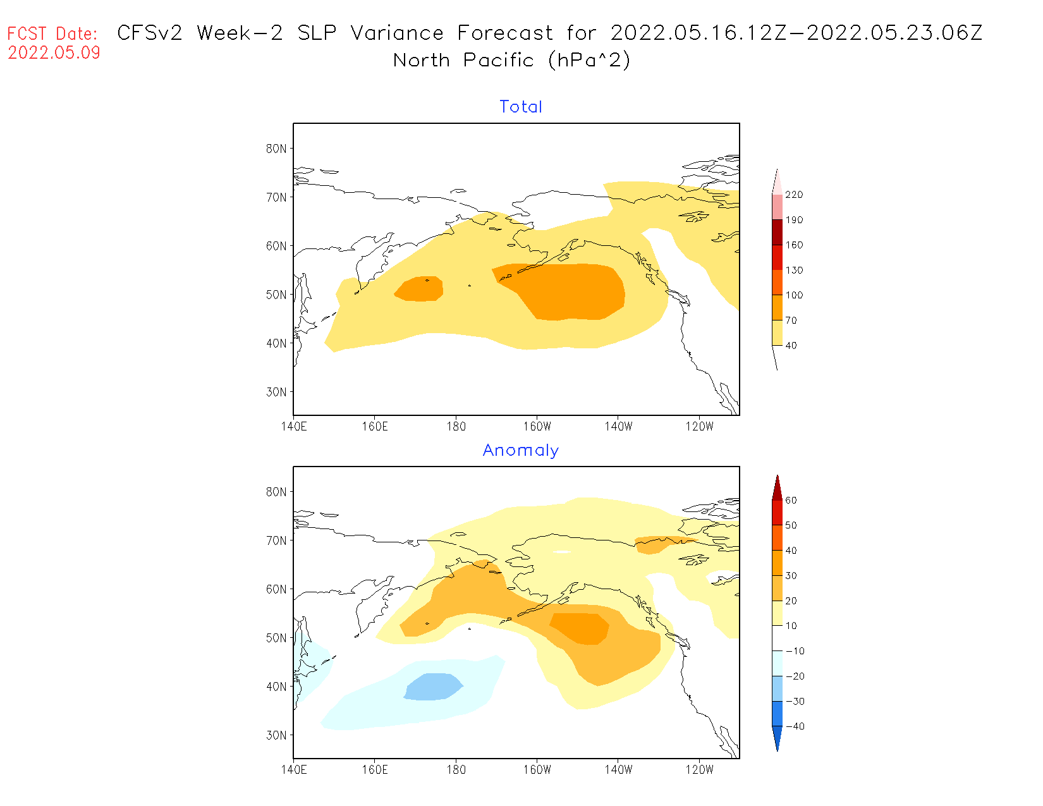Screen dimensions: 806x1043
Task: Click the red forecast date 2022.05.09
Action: tap(54, 52)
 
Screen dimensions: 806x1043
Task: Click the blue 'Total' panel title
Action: tap(521, 107)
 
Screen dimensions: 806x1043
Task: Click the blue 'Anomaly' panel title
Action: tap(521, 450)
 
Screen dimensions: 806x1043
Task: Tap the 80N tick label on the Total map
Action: tap(276, 149)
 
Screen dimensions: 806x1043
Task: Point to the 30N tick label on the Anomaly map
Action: tap(276, 735)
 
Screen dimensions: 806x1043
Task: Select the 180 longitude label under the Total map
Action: tap(456, 427)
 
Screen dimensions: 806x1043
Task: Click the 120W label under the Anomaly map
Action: tap(699, 770)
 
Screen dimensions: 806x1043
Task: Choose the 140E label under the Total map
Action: tap(294, 427)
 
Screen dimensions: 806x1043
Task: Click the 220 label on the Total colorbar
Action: tap(794, 195)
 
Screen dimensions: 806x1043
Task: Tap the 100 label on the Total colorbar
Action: tap(794, 295)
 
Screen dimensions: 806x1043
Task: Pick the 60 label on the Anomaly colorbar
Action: tap(791, 500)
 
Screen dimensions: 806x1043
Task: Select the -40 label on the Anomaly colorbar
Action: tap(795, 726)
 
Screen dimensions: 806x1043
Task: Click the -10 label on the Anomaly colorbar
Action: tap(795, 651)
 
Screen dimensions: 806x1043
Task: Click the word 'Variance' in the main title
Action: tap(397, 33)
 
